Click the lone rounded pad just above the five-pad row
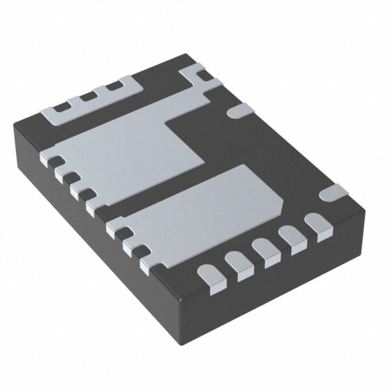pos(334,193)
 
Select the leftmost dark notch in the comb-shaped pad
pos(61,107)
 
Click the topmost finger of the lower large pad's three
pos(114,228)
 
